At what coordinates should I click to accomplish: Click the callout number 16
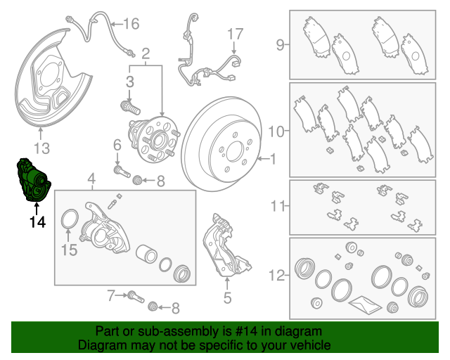coord(131,24)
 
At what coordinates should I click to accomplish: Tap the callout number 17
coord(234,33)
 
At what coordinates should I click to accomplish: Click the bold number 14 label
coord(37,222)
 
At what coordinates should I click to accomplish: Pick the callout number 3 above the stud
coord(130,83)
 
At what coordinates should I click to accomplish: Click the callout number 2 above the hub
coord(146,53)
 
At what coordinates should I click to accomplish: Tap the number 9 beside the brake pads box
coord(279,46)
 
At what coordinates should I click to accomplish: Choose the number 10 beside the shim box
coord(276,131)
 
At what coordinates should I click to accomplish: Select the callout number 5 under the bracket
coord(227,298)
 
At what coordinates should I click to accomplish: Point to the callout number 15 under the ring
coord(68,249)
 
